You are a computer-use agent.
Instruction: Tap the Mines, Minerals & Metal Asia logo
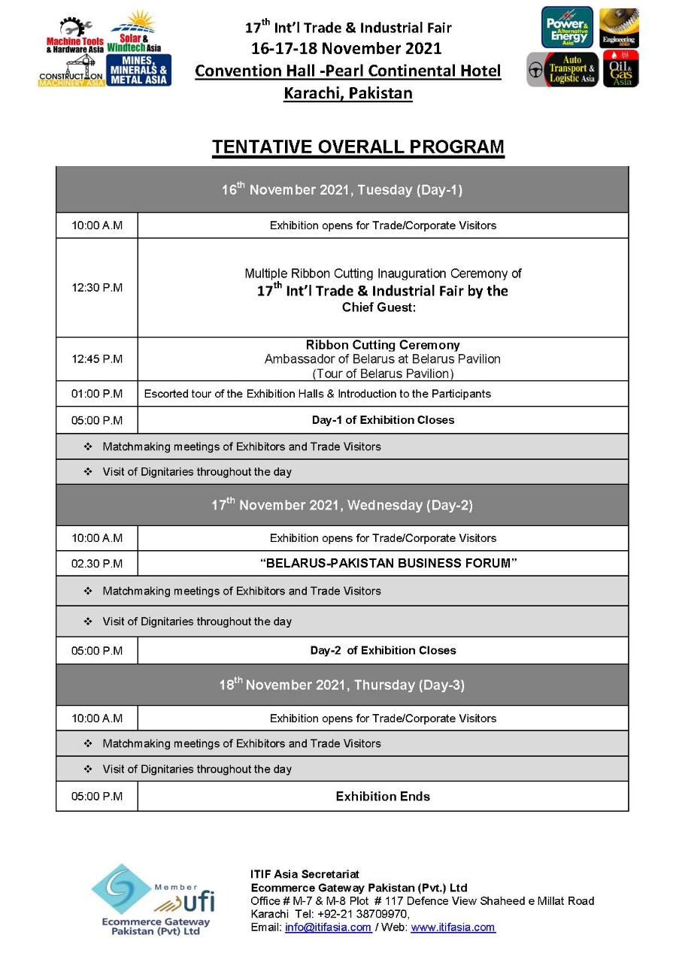(139, 70)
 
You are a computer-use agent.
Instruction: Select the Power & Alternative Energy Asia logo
(567, 28)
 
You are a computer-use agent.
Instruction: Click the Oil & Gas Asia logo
(620, 69)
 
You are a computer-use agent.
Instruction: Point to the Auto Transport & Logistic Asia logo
(562, 69)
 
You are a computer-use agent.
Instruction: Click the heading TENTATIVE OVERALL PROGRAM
(358, 147)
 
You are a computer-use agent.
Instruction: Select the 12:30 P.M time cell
(97, 288)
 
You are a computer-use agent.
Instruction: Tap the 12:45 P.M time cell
(97, 359)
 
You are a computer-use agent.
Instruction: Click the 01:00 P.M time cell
(97, 394)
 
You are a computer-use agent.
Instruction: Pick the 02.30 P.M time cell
(97, 564)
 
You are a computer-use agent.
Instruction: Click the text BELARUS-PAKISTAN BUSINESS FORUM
(389, 564)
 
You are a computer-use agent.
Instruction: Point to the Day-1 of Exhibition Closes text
(383, 420)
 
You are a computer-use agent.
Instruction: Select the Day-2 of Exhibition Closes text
(383, 651)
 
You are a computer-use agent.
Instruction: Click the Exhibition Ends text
(383, 797)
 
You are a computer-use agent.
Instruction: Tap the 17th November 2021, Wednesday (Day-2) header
(342, 505)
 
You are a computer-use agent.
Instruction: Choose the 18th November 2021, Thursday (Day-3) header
(342, 685)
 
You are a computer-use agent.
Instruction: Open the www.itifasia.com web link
(453, 927)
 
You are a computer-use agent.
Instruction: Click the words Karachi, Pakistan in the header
(347, 94)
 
